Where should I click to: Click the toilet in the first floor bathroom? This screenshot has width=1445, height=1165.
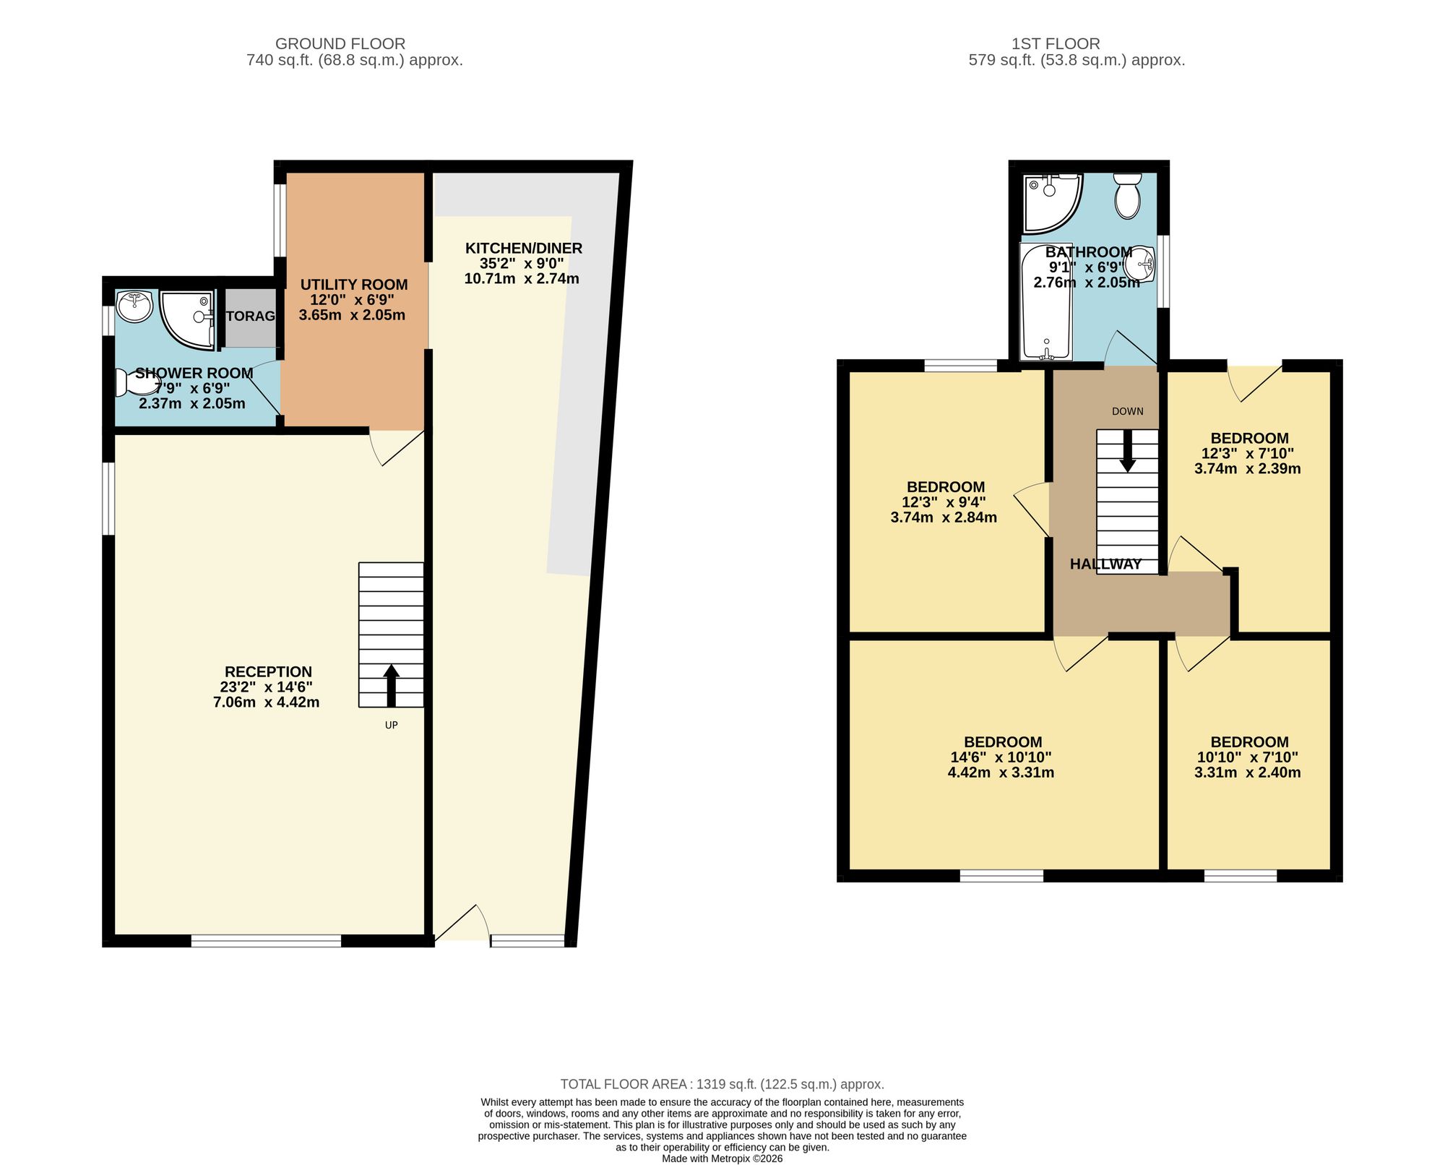point(1126,195)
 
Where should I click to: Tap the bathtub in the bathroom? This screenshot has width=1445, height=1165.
point(1046,301)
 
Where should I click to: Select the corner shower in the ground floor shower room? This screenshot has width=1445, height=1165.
point(186,319)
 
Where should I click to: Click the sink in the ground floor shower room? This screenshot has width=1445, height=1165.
point(134,306)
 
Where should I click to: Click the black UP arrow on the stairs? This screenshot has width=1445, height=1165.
point(391,686)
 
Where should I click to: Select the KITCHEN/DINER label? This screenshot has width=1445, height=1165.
point(524,249)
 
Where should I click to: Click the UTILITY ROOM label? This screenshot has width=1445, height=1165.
point(354,285)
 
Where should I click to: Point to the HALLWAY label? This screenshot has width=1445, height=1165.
point(1105,564)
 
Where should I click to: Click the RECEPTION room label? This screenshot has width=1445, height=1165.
point(268,671)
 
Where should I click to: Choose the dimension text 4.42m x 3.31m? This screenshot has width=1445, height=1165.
point(1001,773)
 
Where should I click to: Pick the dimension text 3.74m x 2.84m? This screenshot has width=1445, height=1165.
point(944,517)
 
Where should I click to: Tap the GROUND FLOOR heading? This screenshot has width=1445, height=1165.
point(340,44)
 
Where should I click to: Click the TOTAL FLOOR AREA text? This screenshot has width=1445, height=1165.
point(722,1084)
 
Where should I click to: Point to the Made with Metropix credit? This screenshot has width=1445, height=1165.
point(722,1158)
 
